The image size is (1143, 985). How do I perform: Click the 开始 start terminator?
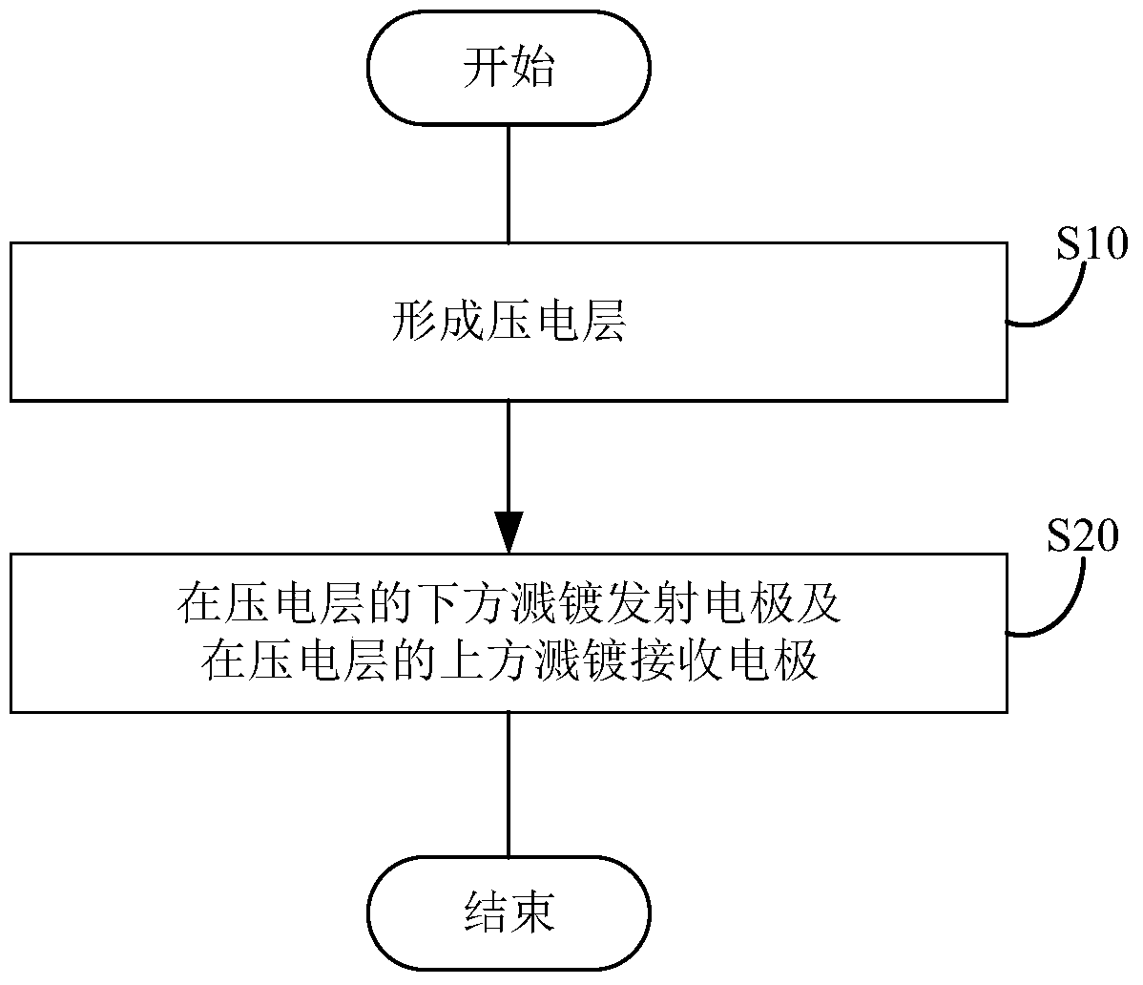click(509, 67)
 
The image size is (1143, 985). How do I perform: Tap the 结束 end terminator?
click(509, 912)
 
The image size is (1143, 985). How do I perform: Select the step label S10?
click(1092, 244)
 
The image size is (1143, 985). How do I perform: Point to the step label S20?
click(1083, 536)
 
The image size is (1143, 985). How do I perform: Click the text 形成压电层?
click(509, 322)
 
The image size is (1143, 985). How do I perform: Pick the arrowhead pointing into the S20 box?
click(509, 533)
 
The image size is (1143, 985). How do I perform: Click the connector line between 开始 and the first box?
click(509, 183)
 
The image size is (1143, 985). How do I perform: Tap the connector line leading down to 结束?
click(509, 785)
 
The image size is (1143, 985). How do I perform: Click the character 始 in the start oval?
click(533, 68)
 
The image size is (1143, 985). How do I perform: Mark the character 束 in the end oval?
click(533, 912)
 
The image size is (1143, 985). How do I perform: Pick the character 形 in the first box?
click(413, 322)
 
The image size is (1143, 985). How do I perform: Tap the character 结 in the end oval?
click(486, 912)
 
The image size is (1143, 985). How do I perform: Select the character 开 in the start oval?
click(486, 68)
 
